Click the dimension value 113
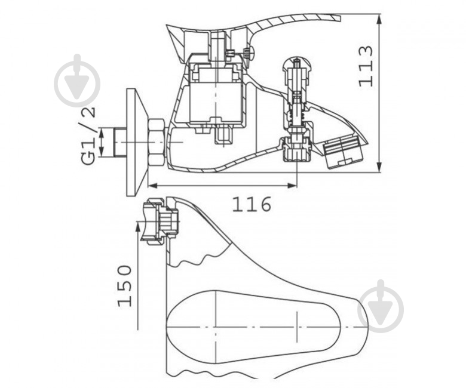point(365,66)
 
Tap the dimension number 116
point(252,204)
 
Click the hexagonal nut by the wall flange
point(157,143)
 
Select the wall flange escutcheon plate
point(137,142)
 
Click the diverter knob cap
point(297,67)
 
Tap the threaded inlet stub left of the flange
point(120,143)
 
